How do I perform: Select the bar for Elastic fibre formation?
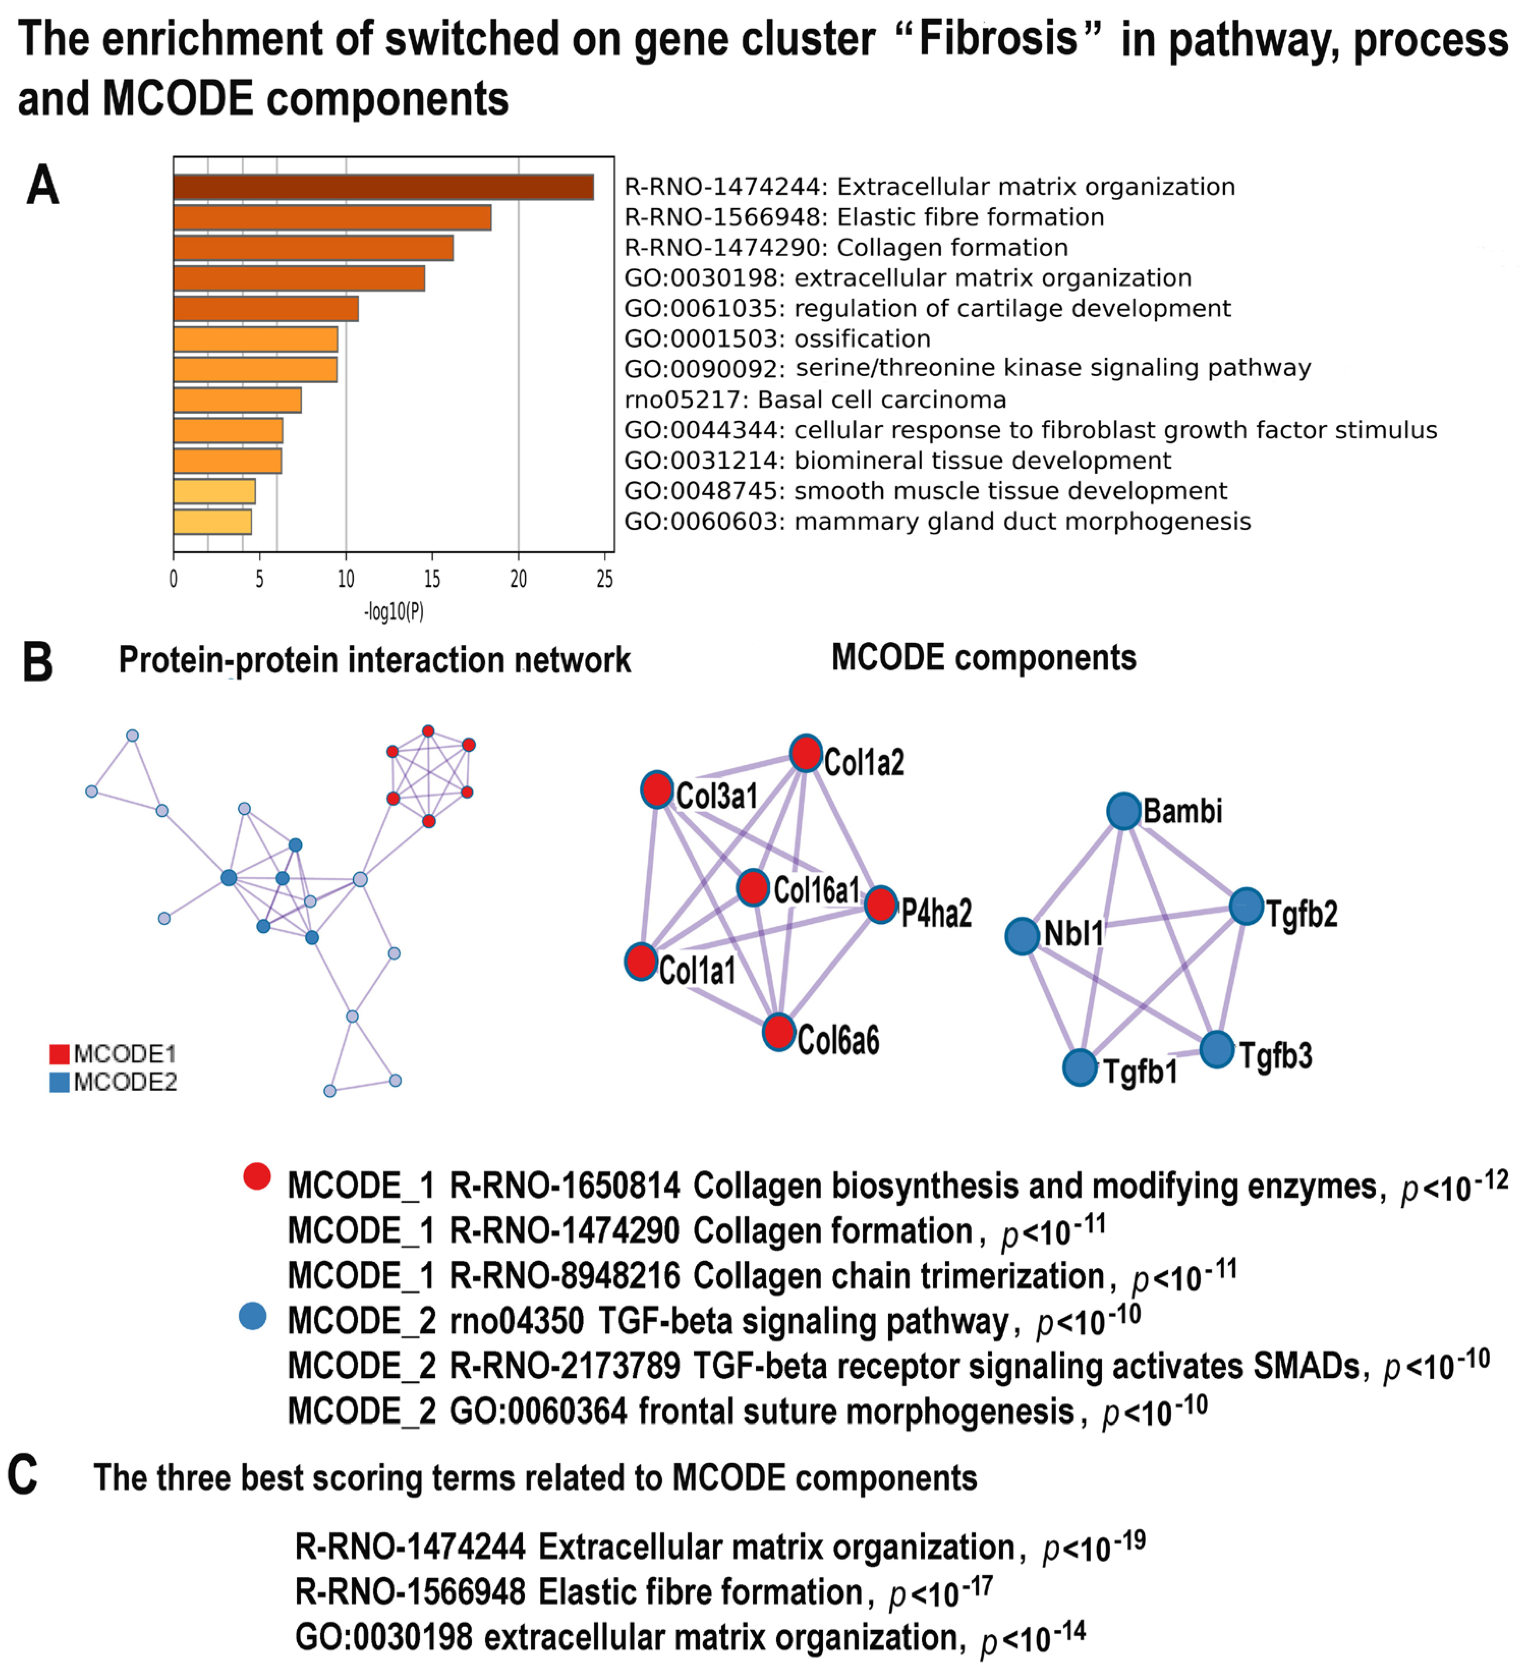(332, 218)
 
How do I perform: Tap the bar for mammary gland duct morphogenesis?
(213, 522)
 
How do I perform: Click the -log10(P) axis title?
(394, 612)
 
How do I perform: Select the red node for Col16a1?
(753, 887)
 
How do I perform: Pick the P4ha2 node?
(881, 904)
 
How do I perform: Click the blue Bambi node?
(1123, 811)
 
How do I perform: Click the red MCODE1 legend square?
(59, 1055)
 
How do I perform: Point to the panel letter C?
(22, 1474)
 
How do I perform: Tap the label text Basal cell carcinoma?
(882, 400)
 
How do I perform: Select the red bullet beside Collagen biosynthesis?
(257, 1176)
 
